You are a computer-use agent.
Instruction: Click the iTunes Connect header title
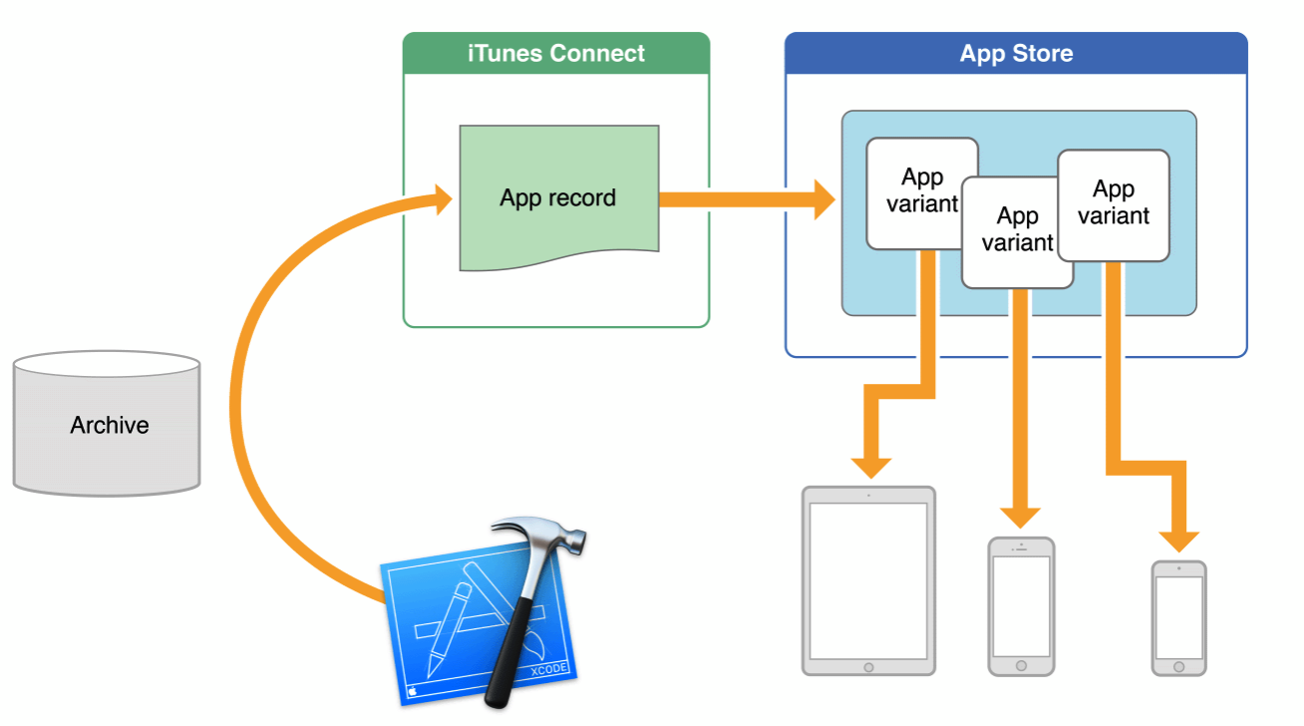[556, 54]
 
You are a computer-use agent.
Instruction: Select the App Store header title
[1016, 54]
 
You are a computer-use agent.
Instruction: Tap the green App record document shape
[558, 197]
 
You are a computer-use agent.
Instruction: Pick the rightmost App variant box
[1113, 202]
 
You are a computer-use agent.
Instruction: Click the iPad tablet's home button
[868, 666]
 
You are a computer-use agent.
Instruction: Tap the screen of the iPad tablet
[868, 576]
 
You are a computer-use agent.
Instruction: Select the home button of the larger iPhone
[1020, 665]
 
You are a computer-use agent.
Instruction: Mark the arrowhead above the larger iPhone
[1020, 517]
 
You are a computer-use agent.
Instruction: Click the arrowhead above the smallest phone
[1179, 540]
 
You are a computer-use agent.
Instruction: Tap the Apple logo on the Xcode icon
[413, 690]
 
